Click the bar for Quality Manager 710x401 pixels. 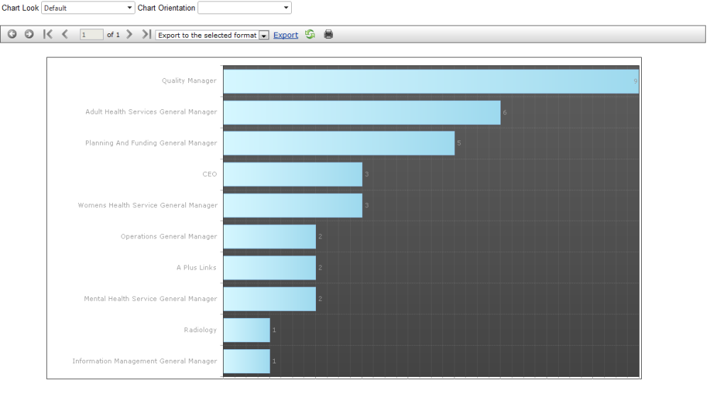(430, 82)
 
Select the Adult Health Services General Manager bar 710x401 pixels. (361, 113)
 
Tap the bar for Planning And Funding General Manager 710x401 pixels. (339, 143)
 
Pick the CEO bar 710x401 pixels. (293, 175)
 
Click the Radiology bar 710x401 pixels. (246, 330)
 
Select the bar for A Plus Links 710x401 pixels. (269, 268)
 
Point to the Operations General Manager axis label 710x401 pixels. (168, 236)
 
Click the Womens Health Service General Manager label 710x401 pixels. (148, 206)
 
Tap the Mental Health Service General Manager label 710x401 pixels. (151, 299)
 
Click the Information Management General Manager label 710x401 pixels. (145, 361)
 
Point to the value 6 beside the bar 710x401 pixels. (505, 113)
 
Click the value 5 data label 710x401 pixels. (459, 143)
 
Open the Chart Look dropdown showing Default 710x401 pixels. (88, 8)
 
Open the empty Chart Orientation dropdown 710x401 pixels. (244, 8)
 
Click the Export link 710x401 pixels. (285, 35)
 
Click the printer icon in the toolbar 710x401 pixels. (329, 34)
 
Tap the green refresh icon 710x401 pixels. (310, 34)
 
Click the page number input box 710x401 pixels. (92, 34)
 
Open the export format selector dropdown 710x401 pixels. (212, 35)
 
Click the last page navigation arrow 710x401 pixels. (146, 34)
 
